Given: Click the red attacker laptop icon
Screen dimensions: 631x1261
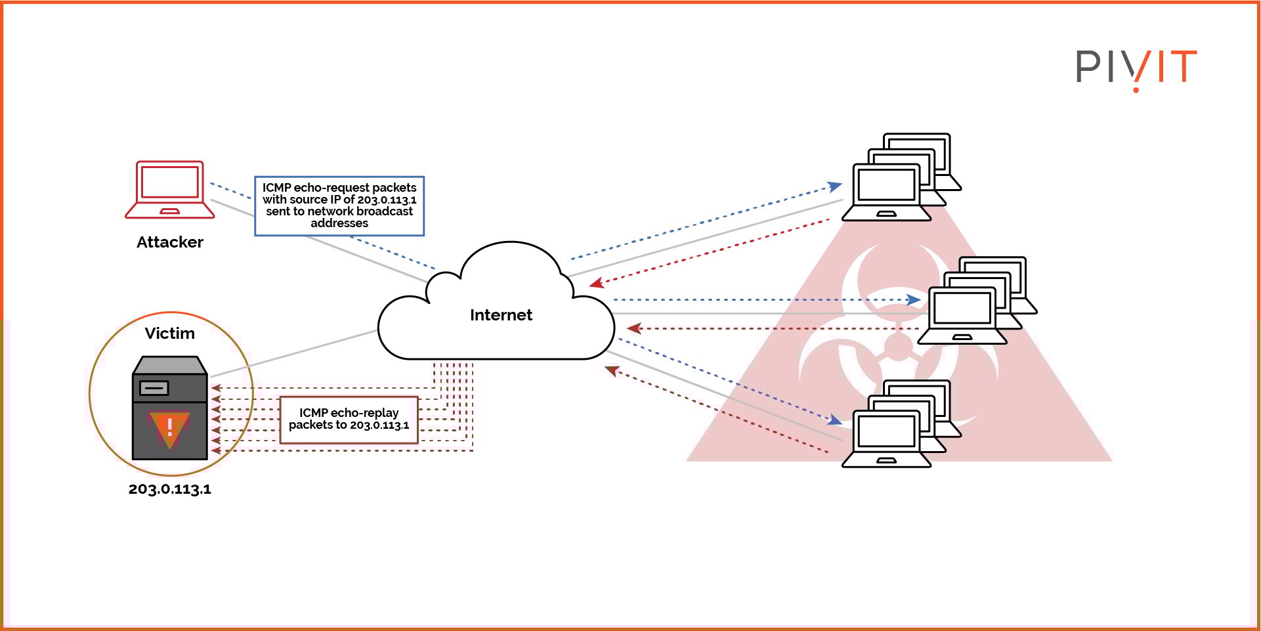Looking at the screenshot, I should (x=170, y=189).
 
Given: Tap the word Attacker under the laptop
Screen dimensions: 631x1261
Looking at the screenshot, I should (x=170, y=242).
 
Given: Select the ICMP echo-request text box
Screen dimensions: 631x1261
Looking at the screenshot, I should (x=339, y=206).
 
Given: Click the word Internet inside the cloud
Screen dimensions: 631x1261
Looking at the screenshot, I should (x=501, y=315).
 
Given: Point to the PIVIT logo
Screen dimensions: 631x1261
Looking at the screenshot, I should (x=1136, y=68).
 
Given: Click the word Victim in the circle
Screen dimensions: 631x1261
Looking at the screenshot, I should (x=170, y=334).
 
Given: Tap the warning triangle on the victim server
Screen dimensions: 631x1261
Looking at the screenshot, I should (x=169, y=428).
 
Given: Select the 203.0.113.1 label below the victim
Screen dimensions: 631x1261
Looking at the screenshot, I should (x=170, y=489).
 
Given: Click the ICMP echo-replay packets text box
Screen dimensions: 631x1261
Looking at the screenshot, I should (x=349, y=420).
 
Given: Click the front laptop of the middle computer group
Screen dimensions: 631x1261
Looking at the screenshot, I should (x=962, y=316).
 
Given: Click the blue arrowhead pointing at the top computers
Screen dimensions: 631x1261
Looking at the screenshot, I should (x=836, y=186).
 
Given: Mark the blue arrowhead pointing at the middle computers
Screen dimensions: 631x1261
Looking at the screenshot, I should (x=914, y=300).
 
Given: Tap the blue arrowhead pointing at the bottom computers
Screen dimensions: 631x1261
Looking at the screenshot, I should (x=835, y=420).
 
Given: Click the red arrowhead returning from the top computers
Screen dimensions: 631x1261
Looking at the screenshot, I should (x=595, y=284).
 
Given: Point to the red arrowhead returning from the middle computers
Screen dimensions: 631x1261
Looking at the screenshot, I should (x=633, y=328).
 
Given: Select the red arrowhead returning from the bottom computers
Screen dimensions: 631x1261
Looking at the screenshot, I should (x=611, y=371).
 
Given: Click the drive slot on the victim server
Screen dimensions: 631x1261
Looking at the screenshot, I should (x=154, y=388).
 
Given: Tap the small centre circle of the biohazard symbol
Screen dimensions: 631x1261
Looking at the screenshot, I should (x=898, y=346).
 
